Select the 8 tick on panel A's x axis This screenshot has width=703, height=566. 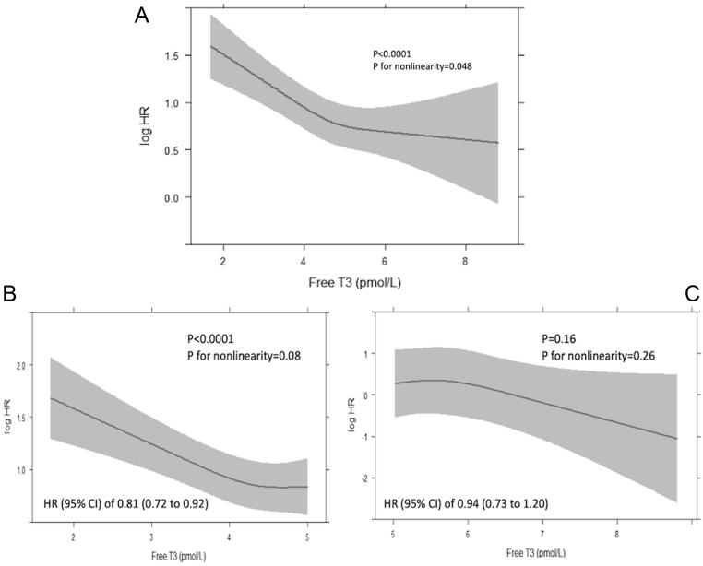tap(464, 263)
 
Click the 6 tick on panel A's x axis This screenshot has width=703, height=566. tap(385, 263)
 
